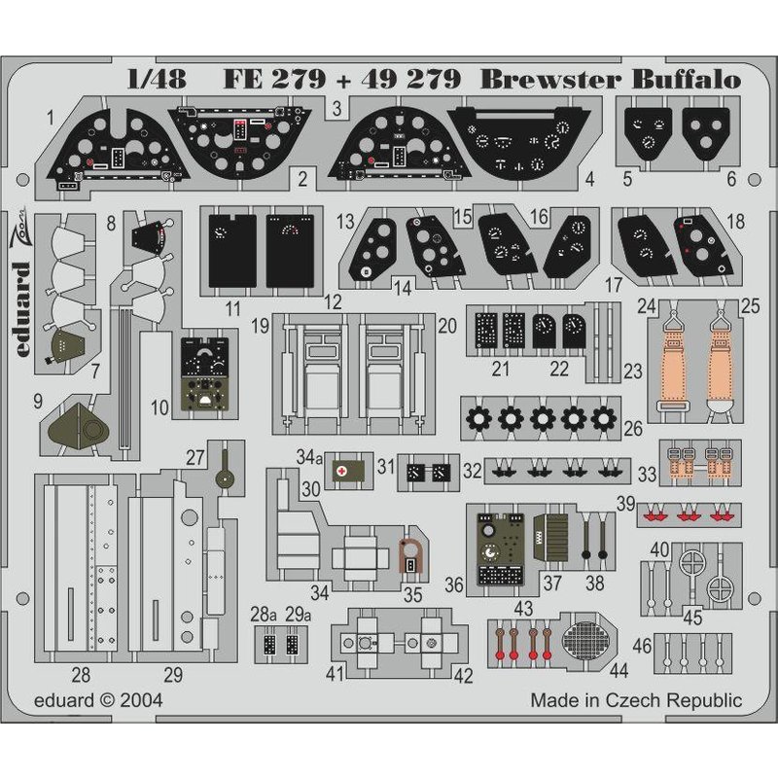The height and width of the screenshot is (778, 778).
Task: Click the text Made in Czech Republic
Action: pyautogui.click(x=636, y=700)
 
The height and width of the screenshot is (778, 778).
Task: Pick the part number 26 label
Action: pyautogui.click(x=632, y=429)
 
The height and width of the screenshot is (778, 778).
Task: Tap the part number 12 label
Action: pyautogui.click(x=334, y=302)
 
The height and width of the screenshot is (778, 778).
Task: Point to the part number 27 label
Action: pyautogui.click(x=195, y=456)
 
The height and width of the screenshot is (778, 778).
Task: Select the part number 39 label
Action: pyautogui.click(x=627, y=503)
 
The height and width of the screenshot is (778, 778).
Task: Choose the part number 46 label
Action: pyautogui.click(x=642, y=645)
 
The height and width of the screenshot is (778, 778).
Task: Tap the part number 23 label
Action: pyautogui.click(x=633, y=371)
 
